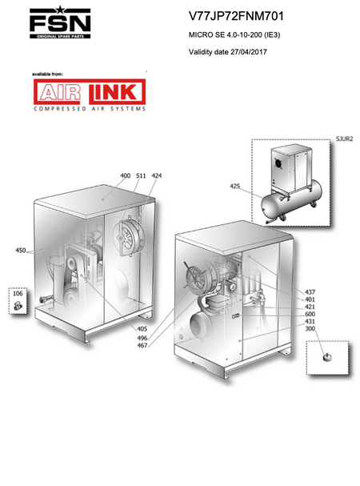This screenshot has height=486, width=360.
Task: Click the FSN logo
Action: click(x=60, y=22)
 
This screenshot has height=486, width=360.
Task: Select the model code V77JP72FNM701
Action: click(x=236, y=16)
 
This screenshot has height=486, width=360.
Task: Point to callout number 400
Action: click(x=125, y=175)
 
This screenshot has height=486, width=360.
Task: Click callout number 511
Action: click(x=141, y=175)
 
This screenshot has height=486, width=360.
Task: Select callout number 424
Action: click(x=157, y=175)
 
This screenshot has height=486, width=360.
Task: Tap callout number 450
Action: click(x=21, y=250)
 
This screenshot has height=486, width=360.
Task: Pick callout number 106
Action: click(x=18, y=293)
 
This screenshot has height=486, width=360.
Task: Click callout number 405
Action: click(x=142, y=329)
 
